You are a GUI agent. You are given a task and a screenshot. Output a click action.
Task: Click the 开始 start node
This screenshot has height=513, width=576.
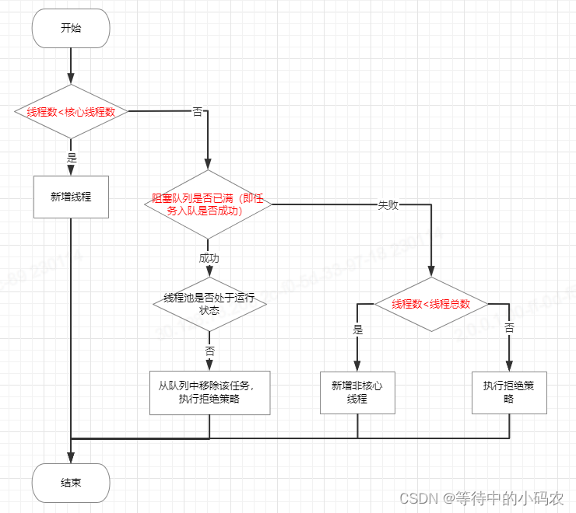[71, 28]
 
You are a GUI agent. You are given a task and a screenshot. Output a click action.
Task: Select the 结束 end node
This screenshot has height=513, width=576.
[71, 483]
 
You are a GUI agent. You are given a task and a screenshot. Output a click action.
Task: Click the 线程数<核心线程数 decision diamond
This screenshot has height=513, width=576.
[71, 112]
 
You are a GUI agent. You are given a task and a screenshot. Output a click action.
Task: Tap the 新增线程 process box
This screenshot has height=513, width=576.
[71, 197]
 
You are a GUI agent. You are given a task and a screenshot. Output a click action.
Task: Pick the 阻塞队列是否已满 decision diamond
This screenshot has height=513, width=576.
[208, 204]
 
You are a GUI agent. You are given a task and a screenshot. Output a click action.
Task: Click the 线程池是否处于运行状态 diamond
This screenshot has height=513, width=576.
[209, 304]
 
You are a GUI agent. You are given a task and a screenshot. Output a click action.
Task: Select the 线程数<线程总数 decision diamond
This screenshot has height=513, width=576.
[430, 304]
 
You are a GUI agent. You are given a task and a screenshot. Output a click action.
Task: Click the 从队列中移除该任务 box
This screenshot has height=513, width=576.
[209, 393]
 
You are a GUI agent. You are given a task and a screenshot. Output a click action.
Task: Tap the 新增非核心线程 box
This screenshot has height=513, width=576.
[357, 393]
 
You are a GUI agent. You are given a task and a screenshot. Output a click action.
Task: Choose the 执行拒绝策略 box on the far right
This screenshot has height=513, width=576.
[509, 393]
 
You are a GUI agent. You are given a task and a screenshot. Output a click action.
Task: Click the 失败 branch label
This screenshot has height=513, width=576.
[388, 205]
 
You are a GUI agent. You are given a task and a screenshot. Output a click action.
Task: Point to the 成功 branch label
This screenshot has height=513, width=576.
[209, 257]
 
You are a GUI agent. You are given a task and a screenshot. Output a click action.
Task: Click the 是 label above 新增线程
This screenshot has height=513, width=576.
[72, 158]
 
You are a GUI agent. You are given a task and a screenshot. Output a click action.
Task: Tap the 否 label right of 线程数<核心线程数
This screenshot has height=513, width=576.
[197, 112]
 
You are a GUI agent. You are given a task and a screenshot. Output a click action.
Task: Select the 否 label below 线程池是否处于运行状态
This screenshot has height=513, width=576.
[209, 351]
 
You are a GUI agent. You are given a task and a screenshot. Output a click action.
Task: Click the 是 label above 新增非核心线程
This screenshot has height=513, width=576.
[357, 329]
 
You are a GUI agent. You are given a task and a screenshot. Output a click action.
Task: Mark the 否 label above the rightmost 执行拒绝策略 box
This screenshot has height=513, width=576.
[509, 329]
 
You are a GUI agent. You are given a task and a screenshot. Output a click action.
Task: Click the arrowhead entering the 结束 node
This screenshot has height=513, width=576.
[71, 459]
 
